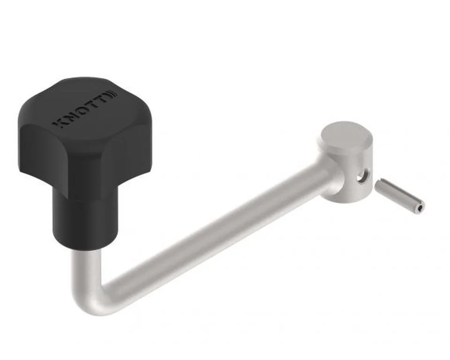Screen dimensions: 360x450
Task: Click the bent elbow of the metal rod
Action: (x=94, y=298)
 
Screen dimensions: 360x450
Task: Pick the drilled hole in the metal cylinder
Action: (x=361, y=177)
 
